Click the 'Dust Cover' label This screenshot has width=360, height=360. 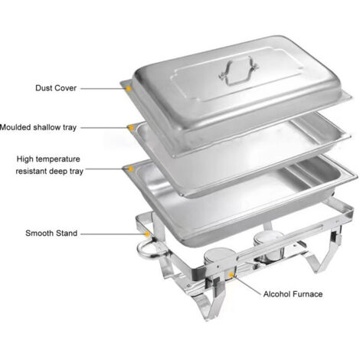tap(56, 88)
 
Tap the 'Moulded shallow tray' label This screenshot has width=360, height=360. tap(38, 127)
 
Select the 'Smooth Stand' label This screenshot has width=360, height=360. tap(51, 233)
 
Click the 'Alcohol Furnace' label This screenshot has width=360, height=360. tap(293, 294)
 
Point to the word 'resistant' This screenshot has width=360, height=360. tap(31, 171)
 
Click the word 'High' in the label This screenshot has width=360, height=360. tap(25, 159)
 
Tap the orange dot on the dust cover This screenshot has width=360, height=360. tap(129, 89)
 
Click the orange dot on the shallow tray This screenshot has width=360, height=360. tap(131, 127)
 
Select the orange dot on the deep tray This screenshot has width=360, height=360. tap(130, 169)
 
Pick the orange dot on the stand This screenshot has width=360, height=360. tap(147, 234)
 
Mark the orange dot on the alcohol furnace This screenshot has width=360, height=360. tap(231, 274)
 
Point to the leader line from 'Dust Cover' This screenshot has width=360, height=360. tap(103, 89)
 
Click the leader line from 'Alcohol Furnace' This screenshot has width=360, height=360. tap(247, 285)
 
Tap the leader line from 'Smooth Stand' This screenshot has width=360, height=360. tap(113, 234)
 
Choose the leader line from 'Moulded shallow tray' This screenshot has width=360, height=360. tap(104, 127)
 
